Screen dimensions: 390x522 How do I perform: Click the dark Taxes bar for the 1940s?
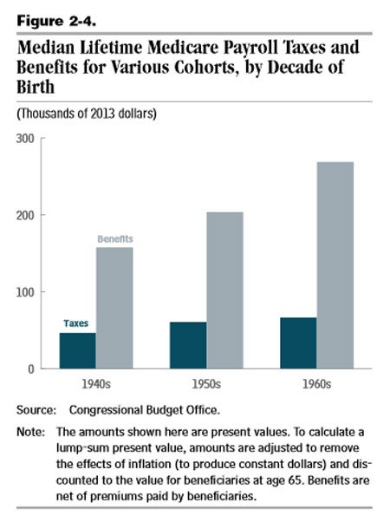point(77,350)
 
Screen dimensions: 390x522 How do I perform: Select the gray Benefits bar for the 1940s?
point(114,308)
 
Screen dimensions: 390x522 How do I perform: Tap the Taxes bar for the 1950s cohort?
point(188,345)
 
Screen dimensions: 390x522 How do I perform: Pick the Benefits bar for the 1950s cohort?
point(225,290)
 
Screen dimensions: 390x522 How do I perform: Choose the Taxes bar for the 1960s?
point(298,343)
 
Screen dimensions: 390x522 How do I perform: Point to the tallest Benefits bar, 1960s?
point(335,265)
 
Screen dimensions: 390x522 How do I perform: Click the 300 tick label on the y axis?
point(25,139)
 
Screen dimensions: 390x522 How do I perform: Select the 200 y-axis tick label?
point(25,215)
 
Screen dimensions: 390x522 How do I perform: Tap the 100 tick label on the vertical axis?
point(25,292)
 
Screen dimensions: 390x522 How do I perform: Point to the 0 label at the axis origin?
point(31,369)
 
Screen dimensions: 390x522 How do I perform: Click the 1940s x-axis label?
point(96,384)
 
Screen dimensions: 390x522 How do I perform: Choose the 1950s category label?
point(206,384)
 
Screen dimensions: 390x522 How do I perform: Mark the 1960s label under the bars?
point(317,384)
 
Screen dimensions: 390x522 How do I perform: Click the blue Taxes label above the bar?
point(76,323)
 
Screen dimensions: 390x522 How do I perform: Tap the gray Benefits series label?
point(115,238)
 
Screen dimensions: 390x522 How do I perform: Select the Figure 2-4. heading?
point(56,22)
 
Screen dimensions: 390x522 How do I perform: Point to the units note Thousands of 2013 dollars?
point(87,114)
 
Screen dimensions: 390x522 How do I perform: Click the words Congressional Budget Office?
point(145,410)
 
